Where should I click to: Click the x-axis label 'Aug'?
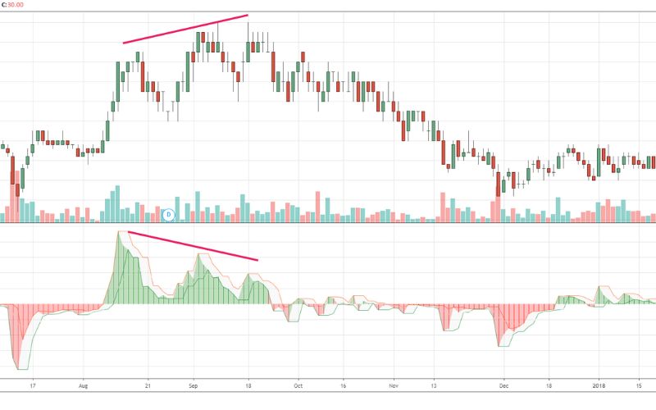(x=84, y=385)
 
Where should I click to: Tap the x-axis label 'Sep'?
(x=193, y=385)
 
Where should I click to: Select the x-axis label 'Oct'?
(x=298, y=385)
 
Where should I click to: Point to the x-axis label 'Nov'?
(x=394, y=385)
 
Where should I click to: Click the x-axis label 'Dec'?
(x=503, y=385)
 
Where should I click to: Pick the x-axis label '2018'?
(x=599, y=385)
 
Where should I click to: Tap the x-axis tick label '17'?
(x=33, y=385)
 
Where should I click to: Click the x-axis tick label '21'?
(x=148, y=385)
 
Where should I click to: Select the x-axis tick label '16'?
(x=343, y=385)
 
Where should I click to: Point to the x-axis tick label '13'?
(x=434, y=385)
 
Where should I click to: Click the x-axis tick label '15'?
(x=639, y=385)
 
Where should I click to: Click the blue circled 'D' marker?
(x=169, y=215)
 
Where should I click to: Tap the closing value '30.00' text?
(x=16, y=5)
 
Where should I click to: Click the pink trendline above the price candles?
(x=185, y=29)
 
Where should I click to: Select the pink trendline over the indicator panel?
(x=193, y=245)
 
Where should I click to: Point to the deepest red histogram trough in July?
(x=19, y=368)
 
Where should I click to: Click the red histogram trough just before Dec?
(x=499, y=345)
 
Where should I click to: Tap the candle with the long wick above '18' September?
(x=248, y=42)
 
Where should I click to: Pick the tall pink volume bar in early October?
(x=317, y=207)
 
